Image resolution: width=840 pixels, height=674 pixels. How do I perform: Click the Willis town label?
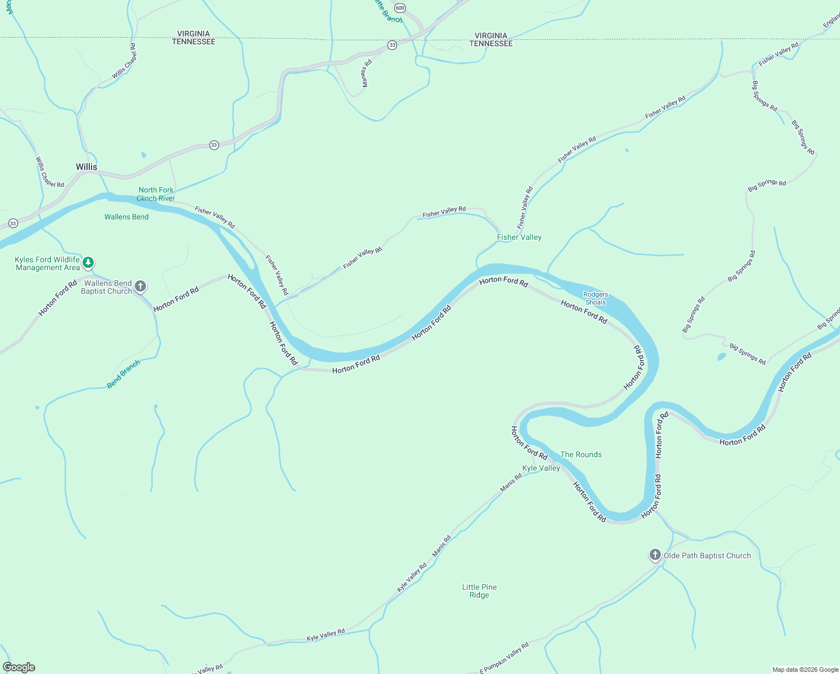tap(86, 167)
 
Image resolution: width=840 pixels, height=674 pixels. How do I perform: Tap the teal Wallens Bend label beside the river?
tap(126, 217)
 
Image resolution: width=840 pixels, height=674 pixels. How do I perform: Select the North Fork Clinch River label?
tap(156, 194)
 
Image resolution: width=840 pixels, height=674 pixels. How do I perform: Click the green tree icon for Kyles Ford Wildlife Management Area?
tap(88, 262)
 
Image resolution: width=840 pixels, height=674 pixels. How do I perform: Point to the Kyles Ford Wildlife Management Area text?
tap(47, 263)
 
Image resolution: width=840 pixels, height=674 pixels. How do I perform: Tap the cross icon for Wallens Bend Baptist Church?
tap(140, 286)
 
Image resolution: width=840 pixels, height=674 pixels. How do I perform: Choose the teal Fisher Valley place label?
tap(519, 238)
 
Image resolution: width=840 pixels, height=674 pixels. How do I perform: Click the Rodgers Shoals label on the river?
tap(595, 298)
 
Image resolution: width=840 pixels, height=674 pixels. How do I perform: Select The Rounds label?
tap(581, 454)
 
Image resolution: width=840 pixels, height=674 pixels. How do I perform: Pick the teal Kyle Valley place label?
tap(541, 468)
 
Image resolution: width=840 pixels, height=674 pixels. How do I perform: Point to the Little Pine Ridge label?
tap(479, 591)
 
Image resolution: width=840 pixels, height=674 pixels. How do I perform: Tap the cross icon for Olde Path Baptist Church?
tap(655, 555)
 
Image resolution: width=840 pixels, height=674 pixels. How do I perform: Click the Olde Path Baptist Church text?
tap(707, 555)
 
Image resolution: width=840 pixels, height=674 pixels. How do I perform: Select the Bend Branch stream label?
tap(124, 375)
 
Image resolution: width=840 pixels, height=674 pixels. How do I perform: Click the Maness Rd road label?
tap(366, 74)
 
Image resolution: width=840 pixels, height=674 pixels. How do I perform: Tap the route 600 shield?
tap(399, 8)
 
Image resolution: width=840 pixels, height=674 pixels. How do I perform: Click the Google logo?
tap(19, 667)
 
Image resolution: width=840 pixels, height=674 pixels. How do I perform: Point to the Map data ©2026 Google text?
tap(805, 670)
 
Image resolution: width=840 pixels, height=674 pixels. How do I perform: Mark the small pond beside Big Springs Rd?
tap(722, 357)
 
